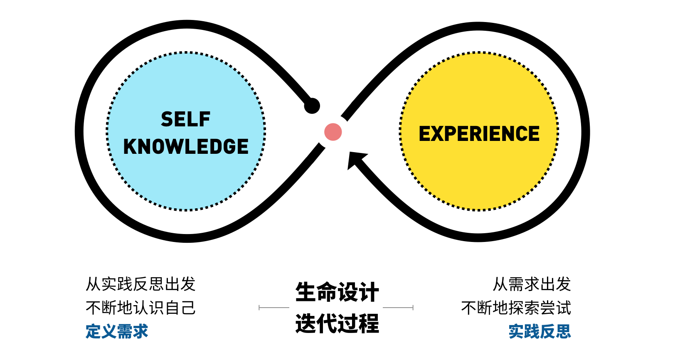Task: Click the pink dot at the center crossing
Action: click(x=333, y=132)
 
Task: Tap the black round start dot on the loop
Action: click(x=312, y=106)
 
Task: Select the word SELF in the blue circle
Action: click(x=185, y=120)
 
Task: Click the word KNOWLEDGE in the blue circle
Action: click(x=186, y=147)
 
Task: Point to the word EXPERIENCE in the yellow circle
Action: click(x=479, y=134)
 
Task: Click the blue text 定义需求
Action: click(x=117, y=332)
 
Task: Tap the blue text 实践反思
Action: click(x=540, y=332)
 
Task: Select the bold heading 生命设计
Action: click(x=337, y=292)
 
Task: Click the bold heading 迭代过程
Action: click(x=337, y=323)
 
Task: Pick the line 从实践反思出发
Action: click(x=140, y=284)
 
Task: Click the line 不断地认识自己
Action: click(x=140, y=308)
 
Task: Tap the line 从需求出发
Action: click(x=532, y=284)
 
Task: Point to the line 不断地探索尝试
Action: click(x=516, y=308)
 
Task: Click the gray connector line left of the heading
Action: click(x=274, y=308)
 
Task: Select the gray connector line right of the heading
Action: click(x=398, y=308)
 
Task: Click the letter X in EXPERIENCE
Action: click(x=440, y=134)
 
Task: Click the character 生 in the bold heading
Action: click(x=305, y=292)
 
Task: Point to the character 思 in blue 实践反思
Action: click(x=563, y=332)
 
